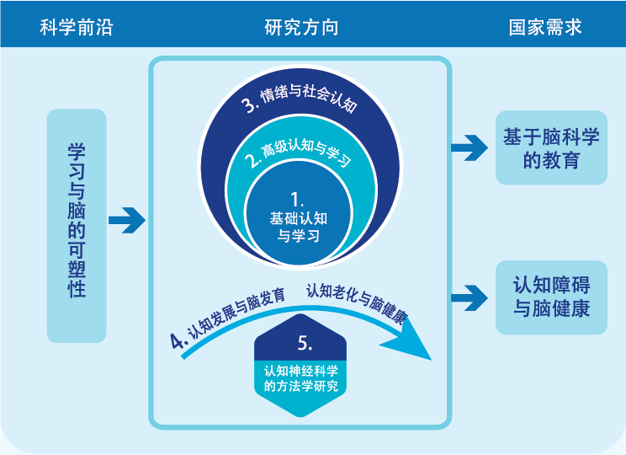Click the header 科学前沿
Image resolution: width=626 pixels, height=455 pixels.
pyautogui.click(x=76, y=28)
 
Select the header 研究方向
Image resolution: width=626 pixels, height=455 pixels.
pyautogui.click(x=301, y=28)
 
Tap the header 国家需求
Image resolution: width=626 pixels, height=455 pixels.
pyautogui.click(x=545, y=28)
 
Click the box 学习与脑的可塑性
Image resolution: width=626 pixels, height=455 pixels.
pyautogui.click(x=77, y=225)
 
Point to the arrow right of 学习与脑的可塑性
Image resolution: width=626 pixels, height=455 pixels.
pyautogui.click(x=126, y=221)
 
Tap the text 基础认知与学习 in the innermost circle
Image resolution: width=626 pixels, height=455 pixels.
pyautogui.click(x=298, y=227)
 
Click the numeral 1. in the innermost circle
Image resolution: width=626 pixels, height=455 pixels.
pyautogui.click(x=296, y=200)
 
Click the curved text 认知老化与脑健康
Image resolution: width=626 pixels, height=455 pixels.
pyautogui.click(x=357, y=303)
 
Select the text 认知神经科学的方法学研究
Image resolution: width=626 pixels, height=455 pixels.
pyautogui.click(x=301, y=378)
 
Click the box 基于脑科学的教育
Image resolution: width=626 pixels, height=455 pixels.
pyautogui.click(x=551, y=148)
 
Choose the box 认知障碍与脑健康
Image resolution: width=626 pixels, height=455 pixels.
pyautogui.click(x=551, y=297)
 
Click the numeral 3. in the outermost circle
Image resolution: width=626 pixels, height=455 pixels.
pyautogui.click(x=249, y=104)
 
